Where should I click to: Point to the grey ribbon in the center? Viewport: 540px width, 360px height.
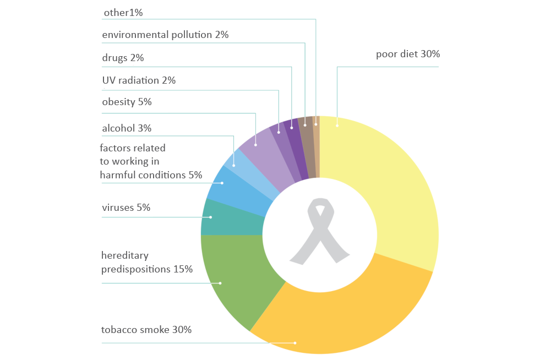(319, 231)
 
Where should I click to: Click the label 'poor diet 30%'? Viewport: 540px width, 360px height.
(408, 54)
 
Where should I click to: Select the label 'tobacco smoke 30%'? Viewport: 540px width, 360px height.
(146, 330)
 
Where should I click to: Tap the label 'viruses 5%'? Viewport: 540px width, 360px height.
(126, 208)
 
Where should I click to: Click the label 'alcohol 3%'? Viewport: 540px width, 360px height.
(127, 128)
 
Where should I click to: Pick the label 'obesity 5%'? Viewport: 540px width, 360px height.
(127, 102)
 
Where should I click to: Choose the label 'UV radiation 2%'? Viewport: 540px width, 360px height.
(139, 80)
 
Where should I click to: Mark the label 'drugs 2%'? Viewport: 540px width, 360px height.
(123, 58)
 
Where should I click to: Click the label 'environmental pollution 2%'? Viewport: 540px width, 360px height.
(165, 35)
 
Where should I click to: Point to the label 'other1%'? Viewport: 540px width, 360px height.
(123, 12)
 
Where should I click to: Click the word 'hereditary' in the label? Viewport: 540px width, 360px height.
(125, 255)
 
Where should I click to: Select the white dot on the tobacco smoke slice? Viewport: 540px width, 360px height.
(295, 343)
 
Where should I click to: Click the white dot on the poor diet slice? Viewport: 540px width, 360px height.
(337, 126)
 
